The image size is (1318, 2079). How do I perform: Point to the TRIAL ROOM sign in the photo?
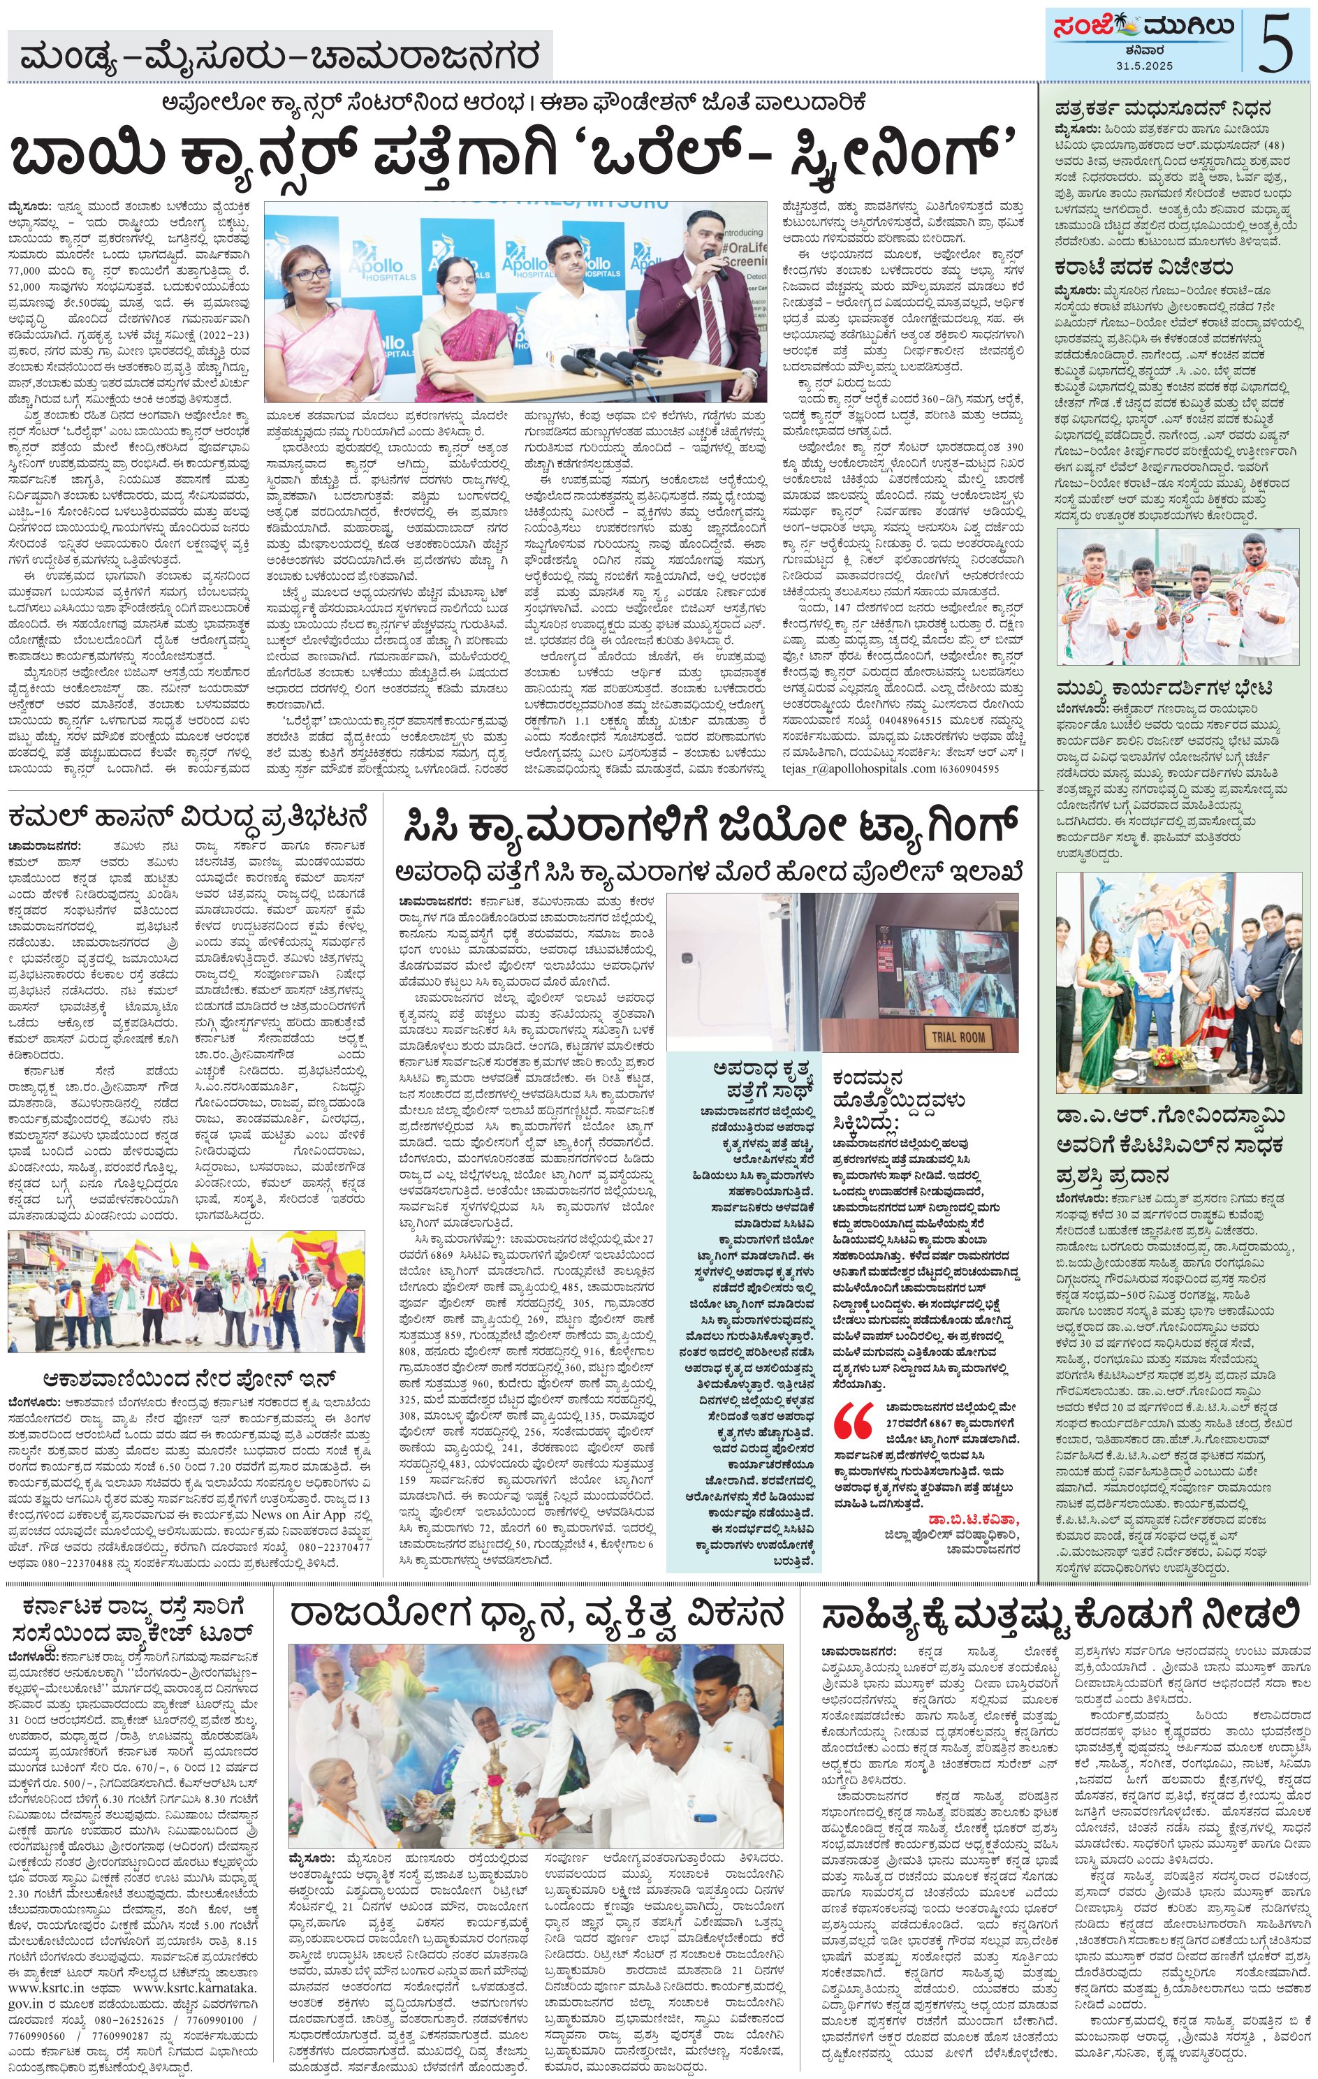pos(957,1035)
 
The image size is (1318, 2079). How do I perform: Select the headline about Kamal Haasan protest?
pos(190,815)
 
